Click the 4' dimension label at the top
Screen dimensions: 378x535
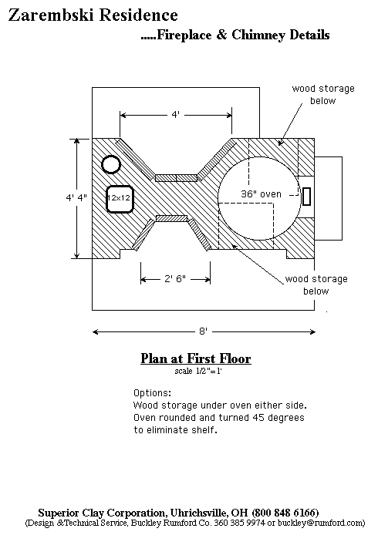(x=175, y=114)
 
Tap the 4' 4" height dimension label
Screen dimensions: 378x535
(x=76, y=197)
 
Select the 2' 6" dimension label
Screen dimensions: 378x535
(x=175, y=279)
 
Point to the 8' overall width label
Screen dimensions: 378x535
(x=203, y=331)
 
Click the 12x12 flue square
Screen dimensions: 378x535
(x=119, y=199)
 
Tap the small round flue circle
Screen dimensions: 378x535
(x=111, y=164)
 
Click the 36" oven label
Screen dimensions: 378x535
(x=262, y=193)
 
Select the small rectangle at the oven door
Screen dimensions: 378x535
(x=306, y=197)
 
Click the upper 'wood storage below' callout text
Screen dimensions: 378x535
(x=323, y=95)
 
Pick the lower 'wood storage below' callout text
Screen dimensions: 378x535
(x=316, y=285)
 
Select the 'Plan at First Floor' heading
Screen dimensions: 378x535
(x=196, y=358)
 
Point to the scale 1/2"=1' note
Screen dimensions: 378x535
(x=198, y=371)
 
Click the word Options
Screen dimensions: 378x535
(x=152, y=393)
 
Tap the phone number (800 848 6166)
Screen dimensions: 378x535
(x=285, y=513)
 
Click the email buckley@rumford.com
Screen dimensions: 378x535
(x=322, y=523)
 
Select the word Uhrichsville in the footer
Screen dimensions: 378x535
(x=199, y=513)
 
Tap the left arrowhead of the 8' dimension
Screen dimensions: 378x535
(x=95, y=331)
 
